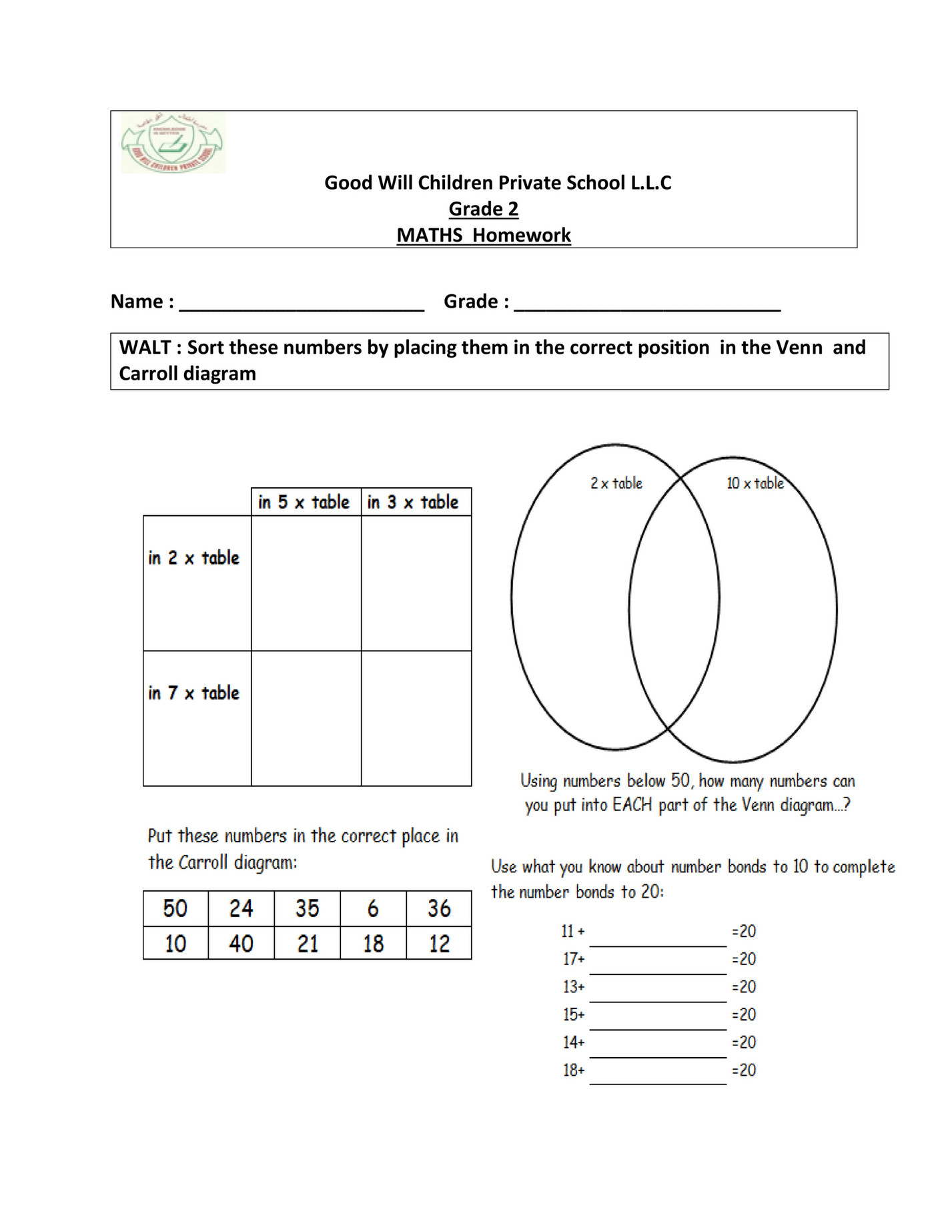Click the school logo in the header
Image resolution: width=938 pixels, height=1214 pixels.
(173, 143)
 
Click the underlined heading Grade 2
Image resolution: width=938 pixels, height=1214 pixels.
(483, 209)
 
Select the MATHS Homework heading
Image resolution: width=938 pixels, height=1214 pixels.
(484, 235)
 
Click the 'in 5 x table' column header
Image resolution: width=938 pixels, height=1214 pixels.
(304, 502)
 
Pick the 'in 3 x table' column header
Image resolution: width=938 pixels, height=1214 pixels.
(413, 502)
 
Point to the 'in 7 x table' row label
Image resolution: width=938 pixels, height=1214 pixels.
(193, 693)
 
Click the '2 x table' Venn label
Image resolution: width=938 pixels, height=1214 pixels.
(616, 483)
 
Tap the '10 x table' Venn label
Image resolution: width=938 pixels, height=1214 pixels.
(755, 483)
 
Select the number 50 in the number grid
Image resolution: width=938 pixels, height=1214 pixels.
(175, 908)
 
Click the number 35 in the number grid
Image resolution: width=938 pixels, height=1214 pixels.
(307, 908)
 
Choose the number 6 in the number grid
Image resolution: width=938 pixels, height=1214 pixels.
(373, 908)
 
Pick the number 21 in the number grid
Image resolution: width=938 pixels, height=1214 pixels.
(307, 944)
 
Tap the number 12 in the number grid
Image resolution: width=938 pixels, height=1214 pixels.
(439, 944)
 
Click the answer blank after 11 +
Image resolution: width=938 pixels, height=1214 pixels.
(658, 938)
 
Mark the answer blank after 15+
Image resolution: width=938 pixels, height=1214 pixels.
(658, 1021)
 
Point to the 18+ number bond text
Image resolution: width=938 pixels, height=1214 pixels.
(574, 1071)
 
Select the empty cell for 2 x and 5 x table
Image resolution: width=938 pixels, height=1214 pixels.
(306, 583)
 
